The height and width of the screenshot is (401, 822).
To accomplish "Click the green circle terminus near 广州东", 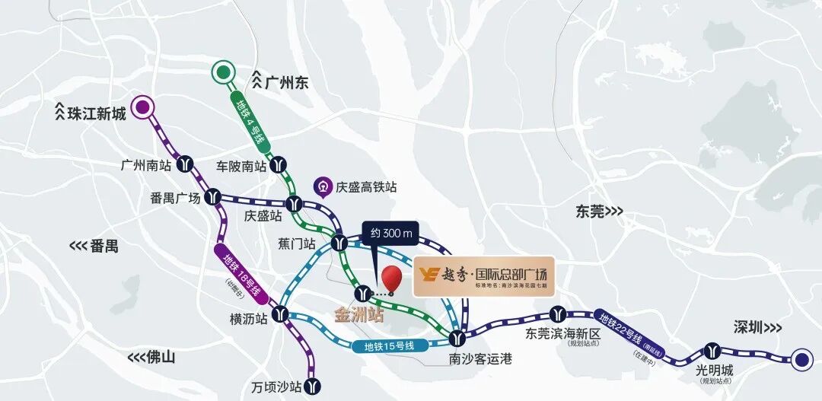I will pos(223,73).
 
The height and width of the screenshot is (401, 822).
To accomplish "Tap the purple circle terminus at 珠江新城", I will pos(142,108).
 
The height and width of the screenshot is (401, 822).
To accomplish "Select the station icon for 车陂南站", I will pos(281,164).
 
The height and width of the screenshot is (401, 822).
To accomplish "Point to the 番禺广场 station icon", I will pos(214,197).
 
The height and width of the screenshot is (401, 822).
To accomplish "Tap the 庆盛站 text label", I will pos(263,216).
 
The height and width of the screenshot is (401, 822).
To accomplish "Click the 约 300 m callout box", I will pos(386,234).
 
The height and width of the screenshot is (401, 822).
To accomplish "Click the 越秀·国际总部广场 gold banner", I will pos(484,276).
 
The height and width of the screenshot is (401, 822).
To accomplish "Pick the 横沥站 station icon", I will pos(281,313).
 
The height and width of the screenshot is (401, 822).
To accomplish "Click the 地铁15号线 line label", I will pos(388,346).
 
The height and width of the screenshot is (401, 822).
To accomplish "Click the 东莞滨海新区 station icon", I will pos(559,313).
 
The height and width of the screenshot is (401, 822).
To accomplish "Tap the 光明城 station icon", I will pos(713,350).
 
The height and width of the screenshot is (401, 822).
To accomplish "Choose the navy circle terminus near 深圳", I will pos(801,361).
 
